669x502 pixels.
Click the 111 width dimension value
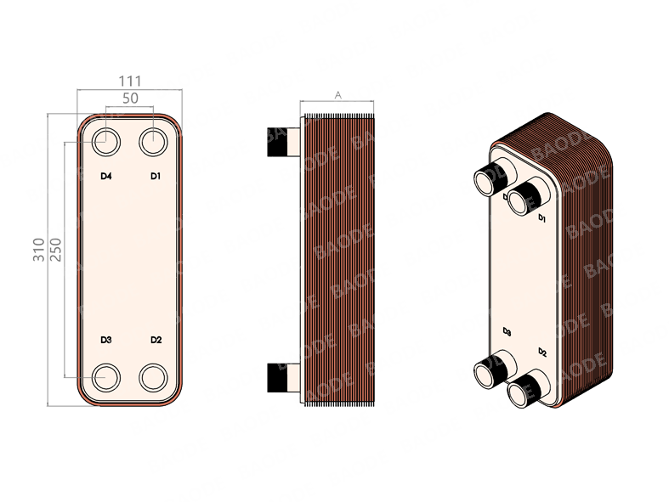point(130,81)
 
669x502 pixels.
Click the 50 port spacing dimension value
point(130,99)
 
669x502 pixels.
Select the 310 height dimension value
point(38,250)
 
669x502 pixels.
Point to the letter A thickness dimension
point(337,96)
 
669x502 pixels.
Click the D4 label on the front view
point(106,176)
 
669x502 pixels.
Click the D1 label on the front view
point(156,176)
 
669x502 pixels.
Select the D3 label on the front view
point(106,340)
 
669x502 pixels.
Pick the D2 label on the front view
point(156,340)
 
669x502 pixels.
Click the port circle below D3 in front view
point(107,375)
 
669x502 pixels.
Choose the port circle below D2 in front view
point(154,375)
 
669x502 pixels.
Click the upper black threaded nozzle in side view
point(277,142)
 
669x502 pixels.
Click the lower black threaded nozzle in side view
point(277,377)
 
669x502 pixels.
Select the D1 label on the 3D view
point(541,218)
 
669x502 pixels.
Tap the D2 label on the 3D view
point(542,352)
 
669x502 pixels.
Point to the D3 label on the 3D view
point(507,330)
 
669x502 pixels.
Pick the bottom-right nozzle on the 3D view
point(522,389)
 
